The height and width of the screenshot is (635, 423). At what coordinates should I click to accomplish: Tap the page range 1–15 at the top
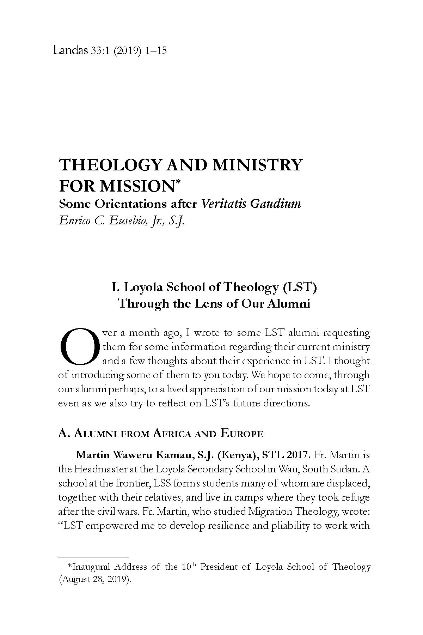pos(155,51)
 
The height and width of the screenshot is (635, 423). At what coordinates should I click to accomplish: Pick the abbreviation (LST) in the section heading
pos(300,287)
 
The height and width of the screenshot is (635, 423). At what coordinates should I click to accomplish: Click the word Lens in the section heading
pos(208,303)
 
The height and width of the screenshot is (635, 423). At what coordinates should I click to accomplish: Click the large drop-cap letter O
pos(78,346)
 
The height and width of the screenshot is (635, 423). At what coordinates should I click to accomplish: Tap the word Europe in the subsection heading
pos(242,433)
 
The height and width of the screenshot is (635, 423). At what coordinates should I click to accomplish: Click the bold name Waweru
pos(134,455)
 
